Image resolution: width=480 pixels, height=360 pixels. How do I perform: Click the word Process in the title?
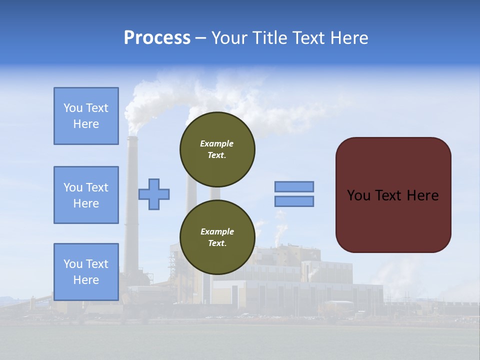click(157, 38)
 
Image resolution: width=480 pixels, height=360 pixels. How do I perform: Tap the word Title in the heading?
click(268, 38)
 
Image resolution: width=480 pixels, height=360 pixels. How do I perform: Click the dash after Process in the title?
click(200, 38)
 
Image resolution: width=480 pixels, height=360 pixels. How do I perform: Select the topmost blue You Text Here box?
click(86, 116)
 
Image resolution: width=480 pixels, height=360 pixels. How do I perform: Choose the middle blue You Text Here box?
click(86, 195)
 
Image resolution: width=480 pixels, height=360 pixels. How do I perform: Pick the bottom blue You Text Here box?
click(86, 272)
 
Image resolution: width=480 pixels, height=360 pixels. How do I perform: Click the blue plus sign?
click(154, 194)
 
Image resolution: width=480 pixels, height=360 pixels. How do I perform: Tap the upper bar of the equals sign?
click(294, 186)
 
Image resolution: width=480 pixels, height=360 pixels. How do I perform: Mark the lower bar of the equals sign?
click(294, 201)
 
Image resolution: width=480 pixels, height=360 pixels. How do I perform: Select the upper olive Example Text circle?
click(217, 149)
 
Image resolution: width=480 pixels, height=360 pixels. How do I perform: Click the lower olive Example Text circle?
click(217, 237)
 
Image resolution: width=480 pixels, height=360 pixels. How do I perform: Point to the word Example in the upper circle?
click(217, 143)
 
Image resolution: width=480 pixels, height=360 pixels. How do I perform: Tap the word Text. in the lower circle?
click(217, 243)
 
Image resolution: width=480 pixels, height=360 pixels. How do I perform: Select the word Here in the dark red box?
click(422, 195)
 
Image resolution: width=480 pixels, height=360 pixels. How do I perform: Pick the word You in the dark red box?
click(358, 195)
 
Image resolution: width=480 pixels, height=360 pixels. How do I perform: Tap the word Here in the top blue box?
click(86, 124)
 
